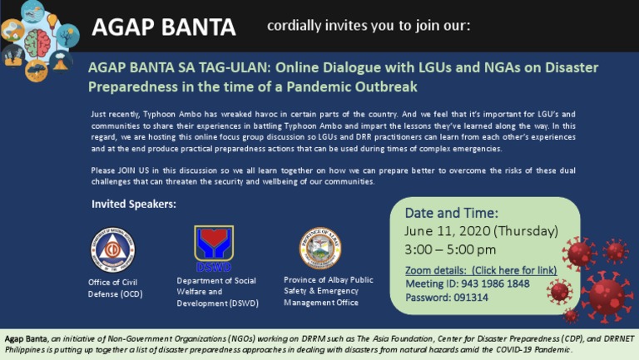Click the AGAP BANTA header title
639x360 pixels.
click(x=164, y=27)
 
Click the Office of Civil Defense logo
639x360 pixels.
click(x=112, y=249)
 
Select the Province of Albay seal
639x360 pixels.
click(x=321, y=249)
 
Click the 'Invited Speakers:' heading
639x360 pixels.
click(x=134, y=204)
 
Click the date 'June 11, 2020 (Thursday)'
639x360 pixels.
click(x=481, y=230)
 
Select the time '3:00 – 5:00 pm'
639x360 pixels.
click(x=450, y=249)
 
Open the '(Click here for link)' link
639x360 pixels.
click(x=514, y=271)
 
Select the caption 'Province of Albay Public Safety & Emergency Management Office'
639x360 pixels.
click(x=328, y=291)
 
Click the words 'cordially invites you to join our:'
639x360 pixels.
click(x=369, y=26)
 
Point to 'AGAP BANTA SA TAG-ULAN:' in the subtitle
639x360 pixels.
click(x=176, y=68)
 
